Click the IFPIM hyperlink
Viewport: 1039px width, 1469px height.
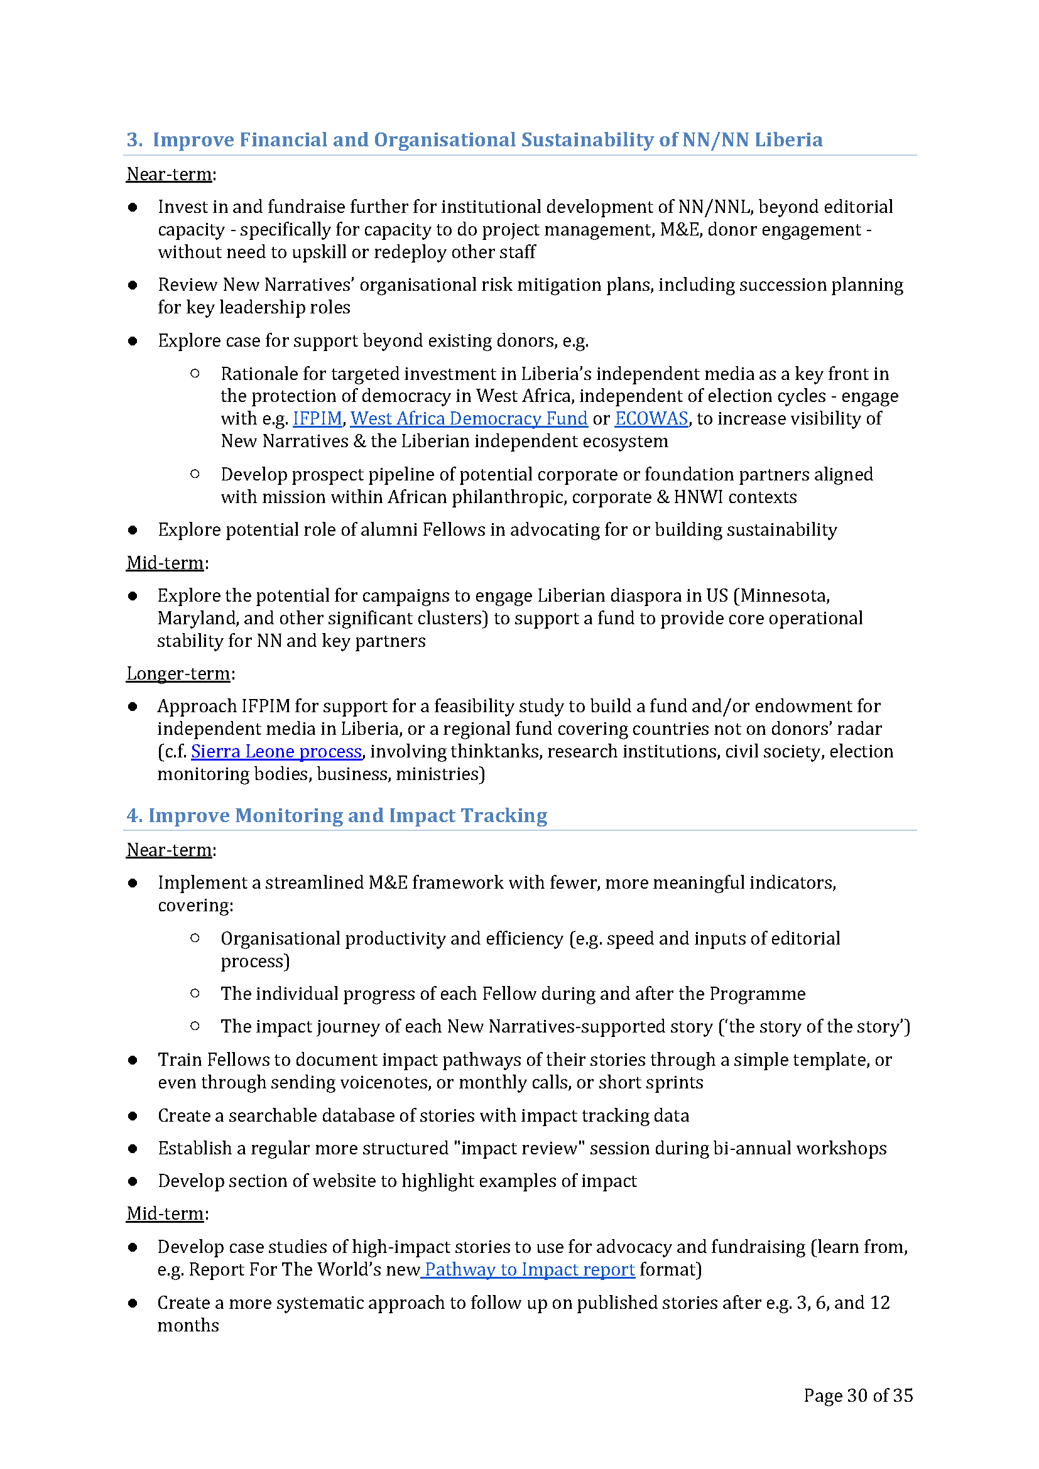(x=317, y=418)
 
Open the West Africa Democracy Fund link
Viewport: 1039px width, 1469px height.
(x=469, y=418)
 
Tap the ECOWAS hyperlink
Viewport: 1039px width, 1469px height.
(x=651, y=418)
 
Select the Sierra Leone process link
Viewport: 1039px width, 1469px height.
(x=276, y=751)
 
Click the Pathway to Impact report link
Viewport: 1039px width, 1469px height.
(x=529, y=1269)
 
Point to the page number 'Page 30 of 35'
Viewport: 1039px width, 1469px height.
(x=858, y=1396)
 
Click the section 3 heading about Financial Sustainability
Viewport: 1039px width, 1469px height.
(x=474, y=139)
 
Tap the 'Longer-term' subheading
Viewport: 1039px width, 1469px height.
(x=178, y=673)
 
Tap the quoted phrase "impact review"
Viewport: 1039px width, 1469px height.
(x=519, y=1148)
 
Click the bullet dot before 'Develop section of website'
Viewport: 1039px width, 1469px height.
(x=133, y=1181)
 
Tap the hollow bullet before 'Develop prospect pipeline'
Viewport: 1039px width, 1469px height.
(x=195, y=474)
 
